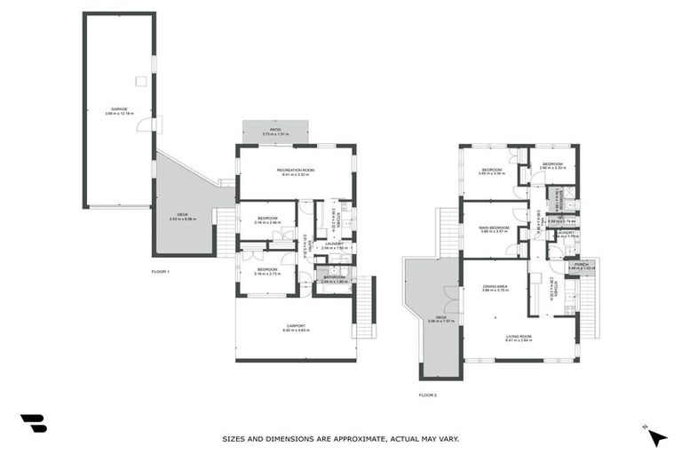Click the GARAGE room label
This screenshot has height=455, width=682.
[119, 109]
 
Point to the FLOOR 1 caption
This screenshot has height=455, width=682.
[160, 271]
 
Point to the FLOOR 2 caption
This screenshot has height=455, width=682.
[428, 395]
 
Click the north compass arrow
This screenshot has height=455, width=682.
[657, 437]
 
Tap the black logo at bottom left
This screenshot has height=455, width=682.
[33, 424]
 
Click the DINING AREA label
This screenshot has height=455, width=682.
[495, 286]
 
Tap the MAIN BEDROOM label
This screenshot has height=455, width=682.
[494, 227]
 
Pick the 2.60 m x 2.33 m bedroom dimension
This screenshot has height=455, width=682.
[553, 168]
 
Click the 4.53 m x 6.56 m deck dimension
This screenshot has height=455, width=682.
[183, 219]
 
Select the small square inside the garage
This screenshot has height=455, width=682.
[140, 81]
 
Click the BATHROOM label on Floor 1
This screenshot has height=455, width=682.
[334, 276]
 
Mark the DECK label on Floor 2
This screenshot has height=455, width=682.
[440, 316]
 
